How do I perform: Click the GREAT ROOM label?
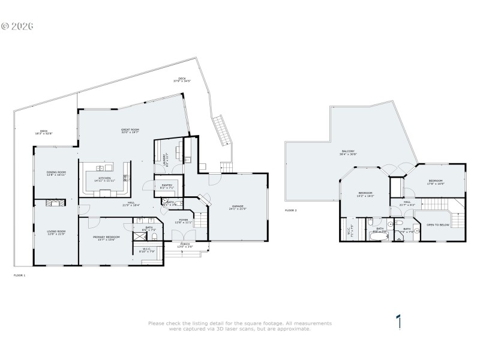[x=130, y=131]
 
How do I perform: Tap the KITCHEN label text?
[x=105, y=172]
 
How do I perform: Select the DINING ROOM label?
[x=56, y=173]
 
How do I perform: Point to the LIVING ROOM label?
[x=56, y=232]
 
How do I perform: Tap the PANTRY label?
[x=167, y=186]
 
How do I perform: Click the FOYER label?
[x=184, y=221]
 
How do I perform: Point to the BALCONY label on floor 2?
[x=349, y=152]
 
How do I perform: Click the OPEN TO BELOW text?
[x=439, y=225]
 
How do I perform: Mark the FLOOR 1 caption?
[x=19, y=275]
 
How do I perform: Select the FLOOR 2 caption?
[x=291, y=211]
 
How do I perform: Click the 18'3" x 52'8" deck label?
[x=43, y=132]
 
